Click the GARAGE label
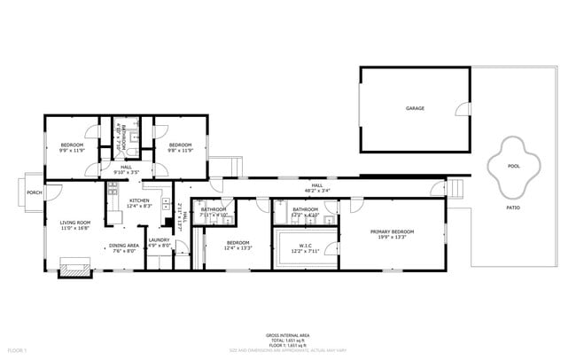tap(415, 108)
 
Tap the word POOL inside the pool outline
tap(513, 166)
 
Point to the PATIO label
tap(513, 207)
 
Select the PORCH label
tap(35, 192)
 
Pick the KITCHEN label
tap(140, 201)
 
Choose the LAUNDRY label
tap(159, 239)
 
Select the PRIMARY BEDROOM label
tap(392, 231)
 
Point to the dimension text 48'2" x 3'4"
tap(317, 191)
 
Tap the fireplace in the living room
tap(74, 266)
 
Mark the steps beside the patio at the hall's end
tap(458, 188)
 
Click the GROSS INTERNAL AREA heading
tap(288, 334)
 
